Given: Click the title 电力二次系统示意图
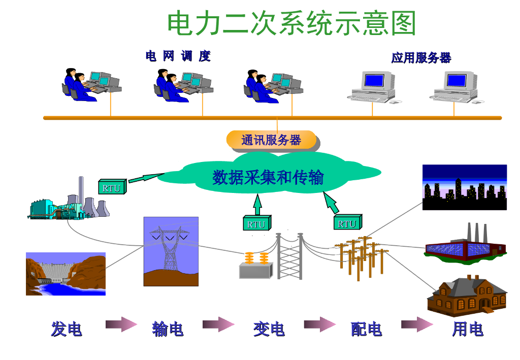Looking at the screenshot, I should (291, 23).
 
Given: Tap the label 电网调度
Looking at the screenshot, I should (178, 56).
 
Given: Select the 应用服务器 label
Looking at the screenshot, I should (421, 58).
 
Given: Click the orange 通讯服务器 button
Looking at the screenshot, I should (271, 140).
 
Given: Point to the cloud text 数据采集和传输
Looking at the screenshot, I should (268, 177).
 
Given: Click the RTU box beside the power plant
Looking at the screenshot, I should (111, 188).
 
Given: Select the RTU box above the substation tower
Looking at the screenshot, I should (256, 224).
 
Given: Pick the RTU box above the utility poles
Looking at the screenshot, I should (347, 223).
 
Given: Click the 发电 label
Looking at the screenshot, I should (67, 329).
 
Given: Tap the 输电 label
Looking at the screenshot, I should (168, 329).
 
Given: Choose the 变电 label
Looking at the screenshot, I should (269, 329).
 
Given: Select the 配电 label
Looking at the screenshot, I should (366, 329).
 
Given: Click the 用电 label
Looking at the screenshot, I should (467, 329).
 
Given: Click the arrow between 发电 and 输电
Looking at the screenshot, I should (121, 324).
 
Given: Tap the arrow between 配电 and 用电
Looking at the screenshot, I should (417, 324).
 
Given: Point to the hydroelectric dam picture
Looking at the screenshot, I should (66, 274).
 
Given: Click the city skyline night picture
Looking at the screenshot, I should (465, 187).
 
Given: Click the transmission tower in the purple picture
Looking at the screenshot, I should (171, 251).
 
